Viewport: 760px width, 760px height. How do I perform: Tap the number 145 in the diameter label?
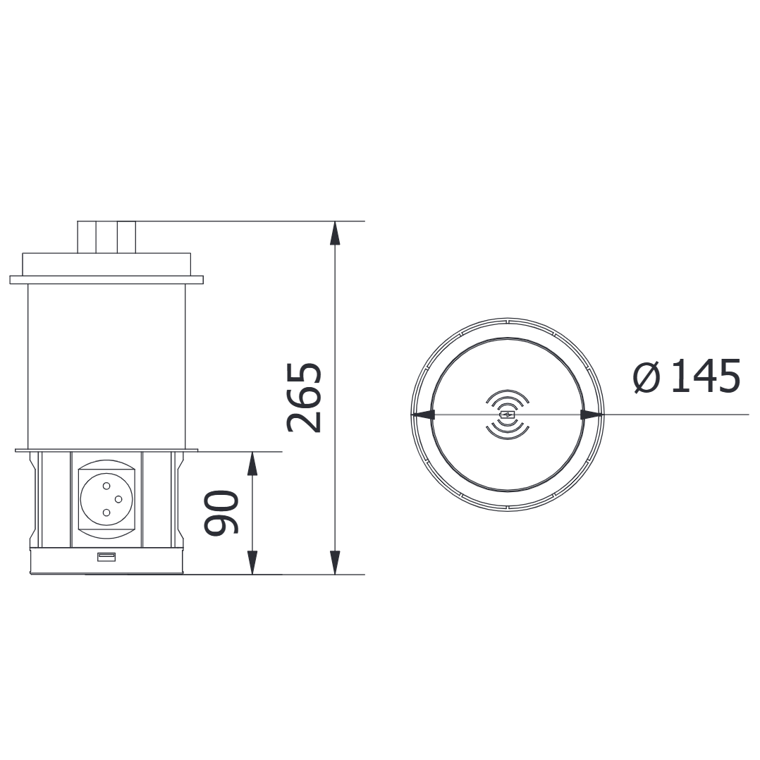(704, 376)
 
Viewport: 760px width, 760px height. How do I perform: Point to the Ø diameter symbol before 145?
(646, 377)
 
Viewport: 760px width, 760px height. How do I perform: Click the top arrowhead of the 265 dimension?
(335, 233)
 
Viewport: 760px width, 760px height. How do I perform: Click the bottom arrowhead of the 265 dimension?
(335, 563)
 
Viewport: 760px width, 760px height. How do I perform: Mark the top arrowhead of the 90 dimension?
(252, 463)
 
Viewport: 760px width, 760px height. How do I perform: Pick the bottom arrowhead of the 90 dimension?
(252, 563)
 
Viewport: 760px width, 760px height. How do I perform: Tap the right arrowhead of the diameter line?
(592, 415)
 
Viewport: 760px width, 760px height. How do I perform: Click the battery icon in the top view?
(507, 415)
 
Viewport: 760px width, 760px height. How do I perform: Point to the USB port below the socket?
(106, 558)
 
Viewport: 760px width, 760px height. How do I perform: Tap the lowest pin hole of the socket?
(106, 513)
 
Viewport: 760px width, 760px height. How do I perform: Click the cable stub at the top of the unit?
(106, 236)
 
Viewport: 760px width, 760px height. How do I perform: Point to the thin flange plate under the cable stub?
(106, 280)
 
